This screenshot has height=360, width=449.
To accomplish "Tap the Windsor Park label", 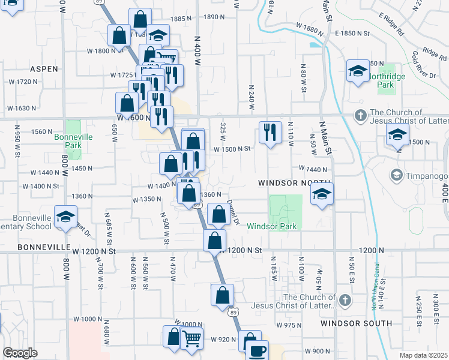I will point(273,226).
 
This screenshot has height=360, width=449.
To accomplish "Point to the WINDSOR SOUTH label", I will point(357,323).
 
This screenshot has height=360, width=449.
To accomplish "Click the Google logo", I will point(20,353).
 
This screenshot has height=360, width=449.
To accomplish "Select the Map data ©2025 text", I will point(424,355).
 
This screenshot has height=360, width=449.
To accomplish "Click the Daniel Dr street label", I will point(234,213).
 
